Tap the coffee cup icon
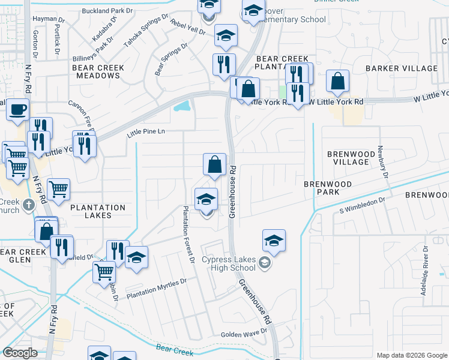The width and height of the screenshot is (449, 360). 17,110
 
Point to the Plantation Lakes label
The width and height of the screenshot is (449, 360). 98,211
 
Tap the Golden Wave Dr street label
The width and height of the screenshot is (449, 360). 244,333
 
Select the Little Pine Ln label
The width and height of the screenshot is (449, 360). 145,131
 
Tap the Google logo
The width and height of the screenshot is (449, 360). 20,353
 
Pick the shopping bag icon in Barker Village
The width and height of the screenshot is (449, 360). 338,82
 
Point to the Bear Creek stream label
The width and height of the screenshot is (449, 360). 173,347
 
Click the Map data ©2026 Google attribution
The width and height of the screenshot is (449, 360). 411,355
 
